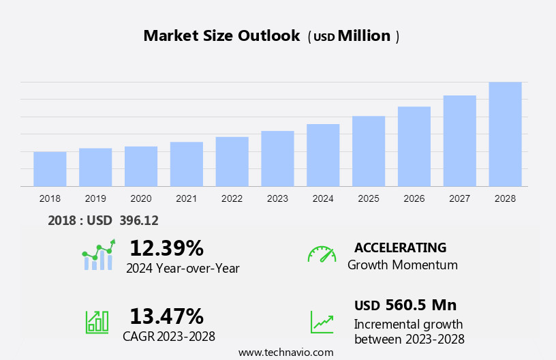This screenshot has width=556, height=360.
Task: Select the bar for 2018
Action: (x=50, y=168)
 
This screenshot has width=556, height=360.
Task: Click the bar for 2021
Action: (x=187, y=164)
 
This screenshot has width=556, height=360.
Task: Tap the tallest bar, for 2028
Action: (x=505, y=134)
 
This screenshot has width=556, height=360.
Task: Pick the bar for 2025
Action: (x=369, y=151)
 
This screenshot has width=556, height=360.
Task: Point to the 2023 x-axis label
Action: (x=277, y=198)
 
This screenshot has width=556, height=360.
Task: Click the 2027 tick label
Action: (x=459, y=198)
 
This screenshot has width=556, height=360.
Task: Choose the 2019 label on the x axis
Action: (x=95, y=198)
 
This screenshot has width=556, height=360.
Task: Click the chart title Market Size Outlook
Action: (x=221, y=36)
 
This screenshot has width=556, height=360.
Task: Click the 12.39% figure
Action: (x=166, y=247)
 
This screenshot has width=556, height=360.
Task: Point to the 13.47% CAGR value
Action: (x=166, y=316)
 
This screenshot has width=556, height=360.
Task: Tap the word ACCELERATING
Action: (x=400, y=247)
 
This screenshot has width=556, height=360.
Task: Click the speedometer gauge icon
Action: (x=322, y=254)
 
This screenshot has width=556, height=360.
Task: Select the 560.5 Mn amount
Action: (x=420, y=305)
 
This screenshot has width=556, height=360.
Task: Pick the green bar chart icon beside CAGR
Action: (x=97, y=321)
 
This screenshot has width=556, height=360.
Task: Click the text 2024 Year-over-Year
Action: (x=183, y=268)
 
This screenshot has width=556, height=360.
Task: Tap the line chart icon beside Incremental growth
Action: (x=322, y=321)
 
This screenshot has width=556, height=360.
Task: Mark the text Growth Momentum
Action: (x=402, y=265)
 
